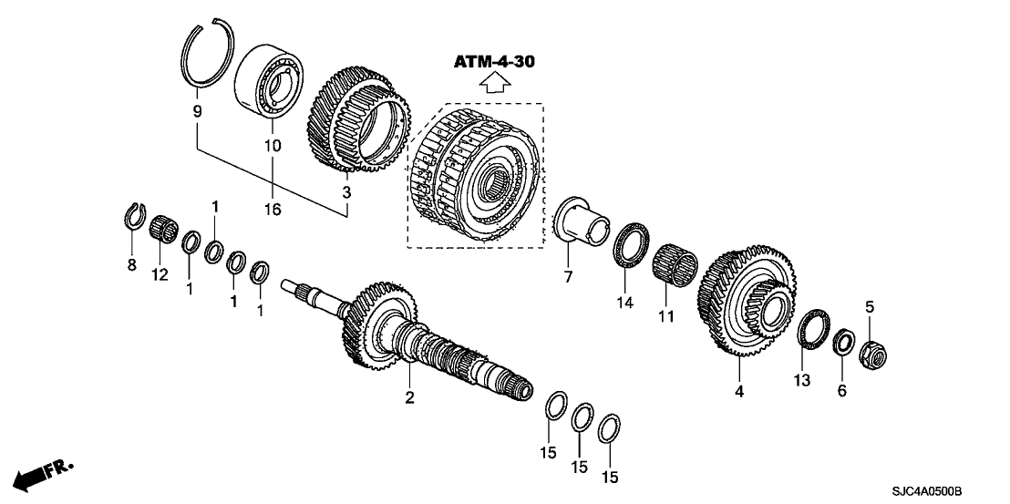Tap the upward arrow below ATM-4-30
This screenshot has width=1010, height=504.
494,84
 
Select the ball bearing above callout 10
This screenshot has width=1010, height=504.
269,87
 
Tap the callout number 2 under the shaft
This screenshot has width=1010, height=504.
409,397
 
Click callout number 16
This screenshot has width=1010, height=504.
272,210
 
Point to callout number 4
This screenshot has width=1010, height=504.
739,391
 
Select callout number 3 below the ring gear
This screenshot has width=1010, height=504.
346,193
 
